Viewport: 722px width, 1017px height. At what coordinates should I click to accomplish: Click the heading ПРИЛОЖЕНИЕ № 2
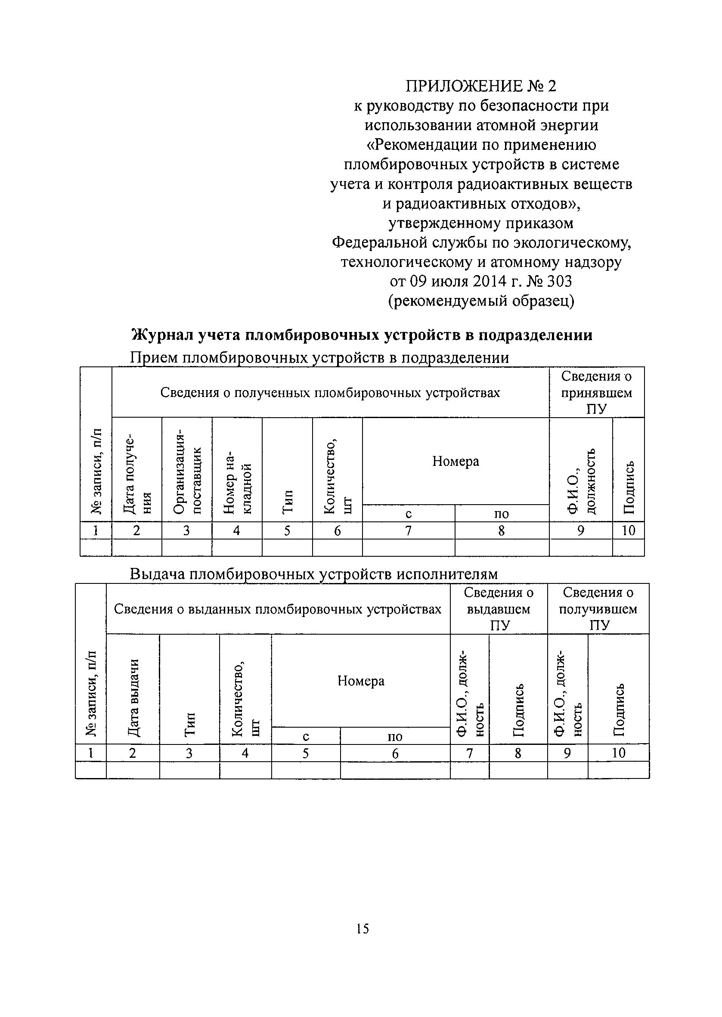pos(481,86)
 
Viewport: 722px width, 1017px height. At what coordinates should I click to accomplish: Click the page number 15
pos(363,929)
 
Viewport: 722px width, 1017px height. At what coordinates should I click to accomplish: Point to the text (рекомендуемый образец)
pos(481,301)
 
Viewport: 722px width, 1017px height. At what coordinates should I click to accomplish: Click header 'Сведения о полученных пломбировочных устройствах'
pos(330,393)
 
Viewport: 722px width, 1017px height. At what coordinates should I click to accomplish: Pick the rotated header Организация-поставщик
pos(187,471)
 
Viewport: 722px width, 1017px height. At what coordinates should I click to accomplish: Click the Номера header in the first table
pos(456,462)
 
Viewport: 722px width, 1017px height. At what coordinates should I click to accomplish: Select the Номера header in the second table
pos(360,681)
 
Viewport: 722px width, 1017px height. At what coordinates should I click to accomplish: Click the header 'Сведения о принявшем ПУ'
pos(596,393)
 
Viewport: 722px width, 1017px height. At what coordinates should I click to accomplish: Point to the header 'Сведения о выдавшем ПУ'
pos(499,609)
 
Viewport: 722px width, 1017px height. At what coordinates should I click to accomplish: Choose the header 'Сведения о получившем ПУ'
pos(598,609)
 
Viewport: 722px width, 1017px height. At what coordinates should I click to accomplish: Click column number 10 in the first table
pos(628,530)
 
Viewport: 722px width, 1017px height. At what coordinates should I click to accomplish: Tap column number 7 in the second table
pos(469,753)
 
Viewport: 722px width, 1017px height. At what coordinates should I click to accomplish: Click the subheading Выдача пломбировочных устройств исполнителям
pos(313,574)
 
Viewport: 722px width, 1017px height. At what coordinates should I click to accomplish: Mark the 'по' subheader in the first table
pos(502,514)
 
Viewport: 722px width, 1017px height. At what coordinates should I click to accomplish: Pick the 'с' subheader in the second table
pos(306,737)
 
